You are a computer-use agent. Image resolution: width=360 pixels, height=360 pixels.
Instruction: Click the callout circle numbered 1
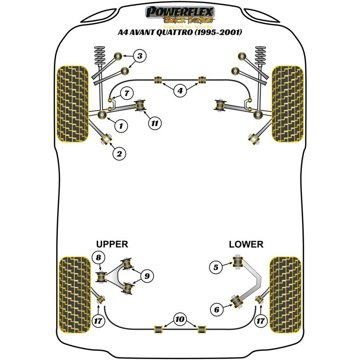121,126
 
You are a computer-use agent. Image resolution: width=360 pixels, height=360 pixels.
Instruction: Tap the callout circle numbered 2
119,154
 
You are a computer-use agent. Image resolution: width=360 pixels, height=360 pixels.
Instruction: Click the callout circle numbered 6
216,309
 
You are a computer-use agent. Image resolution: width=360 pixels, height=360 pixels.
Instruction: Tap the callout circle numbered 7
126,94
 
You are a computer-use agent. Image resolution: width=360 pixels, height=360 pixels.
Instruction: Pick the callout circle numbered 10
180,319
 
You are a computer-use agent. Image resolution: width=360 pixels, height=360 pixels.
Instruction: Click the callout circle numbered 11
155,122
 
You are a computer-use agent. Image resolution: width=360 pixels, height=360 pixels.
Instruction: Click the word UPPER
112,244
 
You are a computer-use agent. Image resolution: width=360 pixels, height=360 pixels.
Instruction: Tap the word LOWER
246,244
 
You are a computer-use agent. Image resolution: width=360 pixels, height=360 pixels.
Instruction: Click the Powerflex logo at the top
180,14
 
